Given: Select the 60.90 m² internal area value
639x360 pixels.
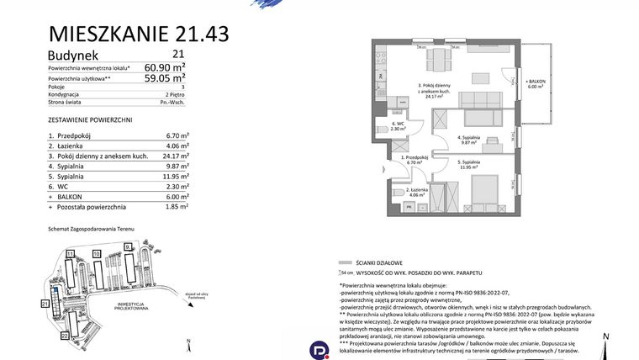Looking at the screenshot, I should coord(165,67).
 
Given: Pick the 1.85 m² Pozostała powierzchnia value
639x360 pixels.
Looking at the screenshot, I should coord(176,206).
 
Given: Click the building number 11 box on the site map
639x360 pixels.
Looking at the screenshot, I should coord(71,252).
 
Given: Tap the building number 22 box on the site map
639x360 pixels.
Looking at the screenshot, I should coord(65,335).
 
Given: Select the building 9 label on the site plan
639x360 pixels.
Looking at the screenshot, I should coord(127,246).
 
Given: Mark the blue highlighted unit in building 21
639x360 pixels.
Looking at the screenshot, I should coord(53,292).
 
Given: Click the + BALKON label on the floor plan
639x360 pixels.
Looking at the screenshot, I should coord(536,81).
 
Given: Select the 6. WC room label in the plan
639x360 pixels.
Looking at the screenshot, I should coord(399,126).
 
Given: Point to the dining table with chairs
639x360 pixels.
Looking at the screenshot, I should coord(440,61).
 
